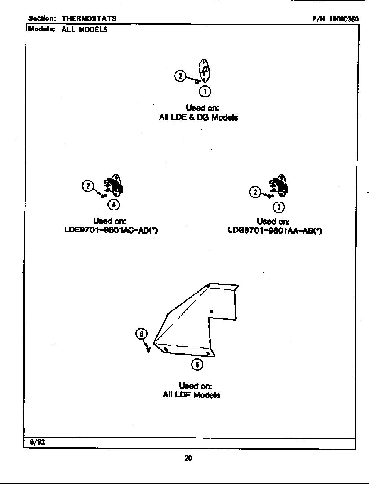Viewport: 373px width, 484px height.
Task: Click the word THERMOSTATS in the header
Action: coord(89,18)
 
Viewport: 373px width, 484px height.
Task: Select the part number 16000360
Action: coord(344,19)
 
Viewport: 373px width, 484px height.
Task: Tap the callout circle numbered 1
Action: coord(205,91)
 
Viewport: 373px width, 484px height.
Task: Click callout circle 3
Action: coord(279,207)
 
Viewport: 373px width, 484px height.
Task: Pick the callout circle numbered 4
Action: coord(114,205)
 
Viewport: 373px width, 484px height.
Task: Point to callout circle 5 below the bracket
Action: coord(197,365)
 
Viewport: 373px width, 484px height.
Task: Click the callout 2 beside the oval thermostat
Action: coord(180,76)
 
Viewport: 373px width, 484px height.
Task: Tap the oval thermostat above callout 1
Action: coord(204,71)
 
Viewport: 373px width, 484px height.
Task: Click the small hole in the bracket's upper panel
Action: coord(211,311)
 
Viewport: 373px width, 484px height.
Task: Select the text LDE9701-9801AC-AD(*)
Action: coord(111,230)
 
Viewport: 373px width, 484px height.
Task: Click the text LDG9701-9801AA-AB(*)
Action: coord(275,230)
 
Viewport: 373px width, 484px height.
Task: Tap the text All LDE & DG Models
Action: coord(198,117)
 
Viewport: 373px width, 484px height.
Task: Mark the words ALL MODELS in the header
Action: coord(85,29)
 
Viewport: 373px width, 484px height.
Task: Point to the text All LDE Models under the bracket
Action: coord(191,395)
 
